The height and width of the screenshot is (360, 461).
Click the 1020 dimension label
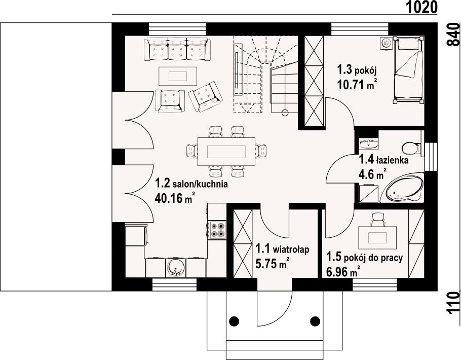(422, 7)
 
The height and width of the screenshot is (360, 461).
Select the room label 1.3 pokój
(357, 70)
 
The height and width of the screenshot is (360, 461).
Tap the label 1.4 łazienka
(383, 160)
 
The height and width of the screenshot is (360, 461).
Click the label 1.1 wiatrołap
(282, 249)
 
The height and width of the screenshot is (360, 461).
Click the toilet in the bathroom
(412, 148)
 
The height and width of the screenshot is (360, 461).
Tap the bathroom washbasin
(369, 143)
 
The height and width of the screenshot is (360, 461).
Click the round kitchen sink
(176, 268)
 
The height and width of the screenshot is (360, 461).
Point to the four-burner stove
(217, 230)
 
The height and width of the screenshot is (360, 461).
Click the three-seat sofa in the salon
(177, 49)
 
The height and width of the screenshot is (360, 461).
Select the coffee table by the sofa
(178, 76)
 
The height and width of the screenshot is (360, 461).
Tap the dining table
(226, 152)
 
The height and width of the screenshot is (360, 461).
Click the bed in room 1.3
(409, 70)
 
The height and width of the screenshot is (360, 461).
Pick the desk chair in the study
(378, 220)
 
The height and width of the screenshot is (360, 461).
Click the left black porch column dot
(234, 321)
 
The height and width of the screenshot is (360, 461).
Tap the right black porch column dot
(315, 321)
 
